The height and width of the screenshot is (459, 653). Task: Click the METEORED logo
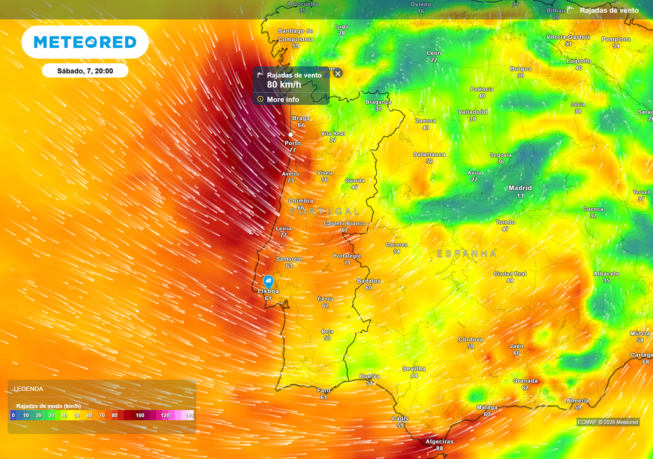[x=85, y=42]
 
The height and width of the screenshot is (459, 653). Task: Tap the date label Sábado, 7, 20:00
[x=85, y=71]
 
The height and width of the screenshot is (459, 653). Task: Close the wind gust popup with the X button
[x=338, y=73]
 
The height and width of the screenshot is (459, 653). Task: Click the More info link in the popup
[x=282, y=99]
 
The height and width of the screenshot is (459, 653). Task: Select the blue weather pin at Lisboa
[x=268, y=282]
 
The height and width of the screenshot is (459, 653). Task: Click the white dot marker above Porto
[x=291, y=135]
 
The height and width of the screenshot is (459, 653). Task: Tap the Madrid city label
[x=520, y=188]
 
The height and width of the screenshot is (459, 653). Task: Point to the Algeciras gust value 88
[x=439, y=449]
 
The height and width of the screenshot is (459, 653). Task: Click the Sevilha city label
[x=414, y=368]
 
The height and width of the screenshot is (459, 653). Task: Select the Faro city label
[x=324, y=390]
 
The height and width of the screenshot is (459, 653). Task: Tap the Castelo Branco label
[x=344, y=223]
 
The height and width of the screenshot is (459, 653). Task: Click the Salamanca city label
[x=429, y=154]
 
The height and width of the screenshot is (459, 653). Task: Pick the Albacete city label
[x=606, y=273]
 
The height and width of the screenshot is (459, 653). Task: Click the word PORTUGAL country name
[x=325, y=210]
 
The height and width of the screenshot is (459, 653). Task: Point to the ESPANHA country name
[x=466, y=254]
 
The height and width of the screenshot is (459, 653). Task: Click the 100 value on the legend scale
[x=140, y=416]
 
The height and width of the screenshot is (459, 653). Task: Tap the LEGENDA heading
[x=29, y=388]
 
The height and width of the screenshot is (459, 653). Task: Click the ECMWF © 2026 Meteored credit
[x=608, y=422]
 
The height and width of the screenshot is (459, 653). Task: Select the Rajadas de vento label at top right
[x=608, y=10]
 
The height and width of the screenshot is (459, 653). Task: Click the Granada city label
[x=525, y=381]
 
